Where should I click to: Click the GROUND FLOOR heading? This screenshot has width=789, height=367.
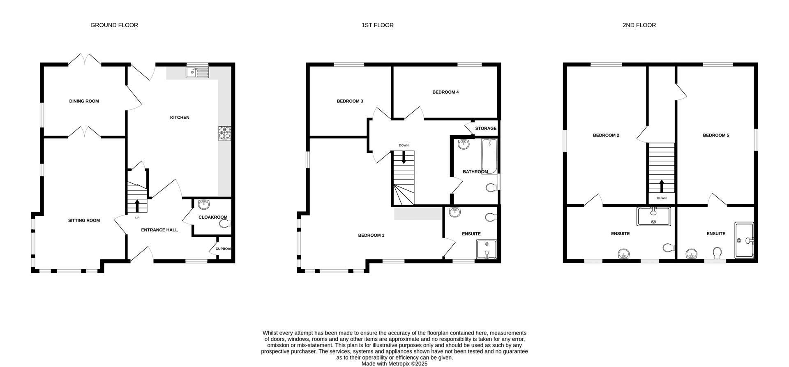tap(114, 25)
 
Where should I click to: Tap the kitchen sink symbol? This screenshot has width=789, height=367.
tap(198, 73)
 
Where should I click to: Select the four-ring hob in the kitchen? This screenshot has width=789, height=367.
tap(225, 133)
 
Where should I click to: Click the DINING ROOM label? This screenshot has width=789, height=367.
tap(84, 101)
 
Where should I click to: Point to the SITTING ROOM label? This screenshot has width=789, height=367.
tap(84, 220)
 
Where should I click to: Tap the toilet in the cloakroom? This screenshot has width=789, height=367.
tap(225, 224)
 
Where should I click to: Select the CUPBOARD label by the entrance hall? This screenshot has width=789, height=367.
tap(224, 249)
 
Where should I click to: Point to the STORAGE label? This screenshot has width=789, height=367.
tap(486, 129)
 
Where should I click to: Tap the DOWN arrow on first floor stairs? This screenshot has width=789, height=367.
tap(404, 157)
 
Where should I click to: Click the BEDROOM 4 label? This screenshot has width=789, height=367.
tap(445, 92)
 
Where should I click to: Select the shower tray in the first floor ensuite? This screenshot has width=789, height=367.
tap(487, 249)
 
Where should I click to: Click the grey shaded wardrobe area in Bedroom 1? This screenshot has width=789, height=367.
tap(418, 214)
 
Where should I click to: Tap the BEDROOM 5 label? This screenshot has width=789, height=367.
tap(716, 135)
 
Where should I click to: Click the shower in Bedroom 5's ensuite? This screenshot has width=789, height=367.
tap(744, 240)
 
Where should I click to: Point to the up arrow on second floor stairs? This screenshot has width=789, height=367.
tap(662, 186)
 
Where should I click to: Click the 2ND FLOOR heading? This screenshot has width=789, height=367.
tap(639, 25)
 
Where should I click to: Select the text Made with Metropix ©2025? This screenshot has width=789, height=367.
tap(394, 364)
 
